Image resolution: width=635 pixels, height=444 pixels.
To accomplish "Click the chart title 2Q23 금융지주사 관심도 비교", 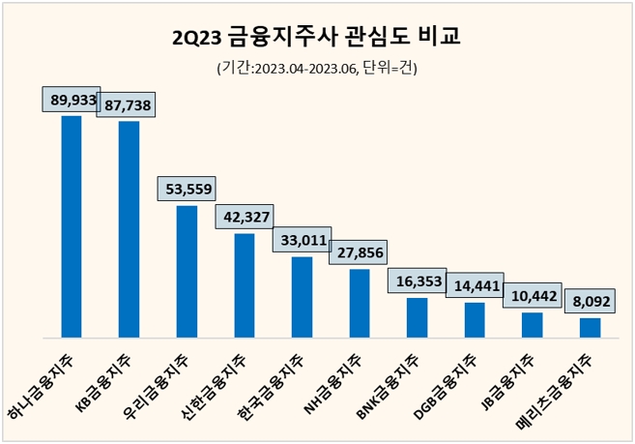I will tap(316, 38).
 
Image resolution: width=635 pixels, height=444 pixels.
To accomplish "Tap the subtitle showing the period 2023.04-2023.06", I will tap(316, 69).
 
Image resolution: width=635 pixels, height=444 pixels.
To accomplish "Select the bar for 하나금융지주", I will tap(71, 226).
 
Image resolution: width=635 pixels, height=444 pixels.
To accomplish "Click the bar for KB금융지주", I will tap(129, 229).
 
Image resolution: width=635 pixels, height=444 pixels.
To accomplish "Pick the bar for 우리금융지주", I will tap(187, 271).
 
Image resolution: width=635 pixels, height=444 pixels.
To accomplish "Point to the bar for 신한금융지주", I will tap(245, 285).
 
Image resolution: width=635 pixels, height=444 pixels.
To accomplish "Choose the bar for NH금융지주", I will tap(360, 303).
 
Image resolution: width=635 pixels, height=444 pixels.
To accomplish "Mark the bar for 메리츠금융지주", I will tap(590, 327).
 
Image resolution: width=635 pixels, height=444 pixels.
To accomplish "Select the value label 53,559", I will tap(187, 188).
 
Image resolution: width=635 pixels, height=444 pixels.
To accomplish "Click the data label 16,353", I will tap(417, 280).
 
